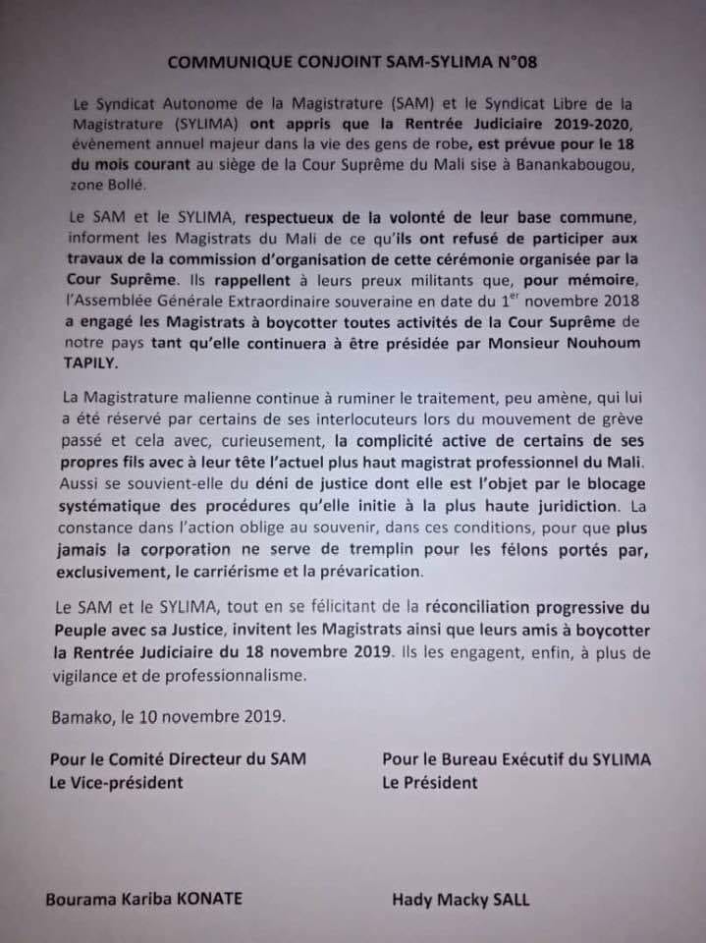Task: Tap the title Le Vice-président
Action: click(124, 783)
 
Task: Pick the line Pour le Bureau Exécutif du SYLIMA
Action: click(516, 759)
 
